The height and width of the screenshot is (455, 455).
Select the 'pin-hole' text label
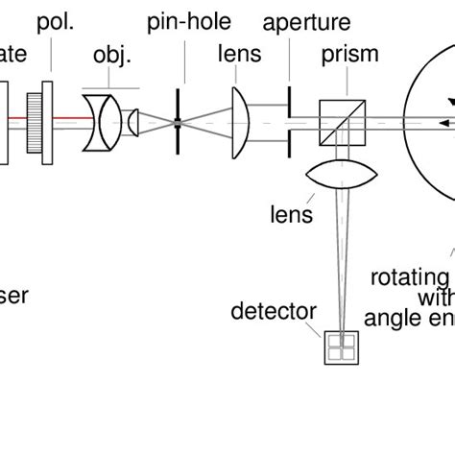pos(180,20)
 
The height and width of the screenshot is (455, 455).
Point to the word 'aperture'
pos(306,21)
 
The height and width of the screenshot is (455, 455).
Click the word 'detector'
pos(274,311)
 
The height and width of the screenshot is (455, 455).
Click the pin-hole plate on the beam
pos(178,122)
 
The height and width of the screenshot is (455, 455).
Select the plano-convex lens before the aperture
pos(242,122)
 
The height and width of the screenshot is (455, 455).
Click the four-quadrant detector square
pos(340,347)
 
